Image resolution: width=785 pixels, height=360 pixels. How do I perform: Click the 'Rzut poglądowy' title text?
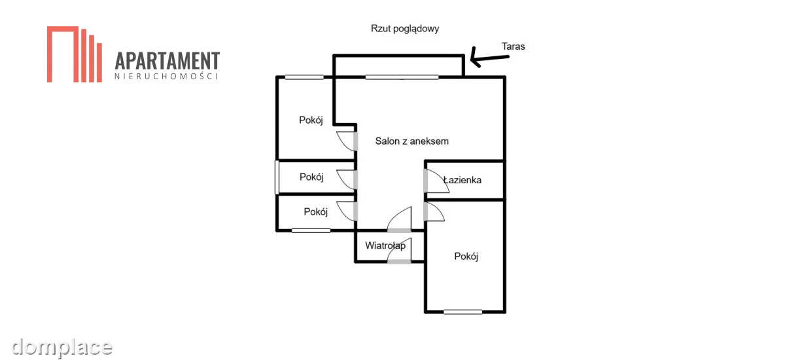405,29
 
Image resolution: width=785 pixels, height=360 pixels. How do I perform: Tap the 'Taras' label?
513,46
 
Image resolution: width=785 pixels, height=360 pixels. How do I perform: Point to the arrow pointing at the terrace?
489,58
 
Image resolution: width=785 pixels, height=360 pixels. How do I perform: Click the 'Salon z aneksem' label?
411,141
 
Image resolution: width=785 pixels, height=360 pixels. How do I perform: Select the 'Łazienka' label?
462,180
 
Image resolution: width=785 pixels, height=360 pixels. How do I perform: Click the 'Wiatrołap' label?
385,245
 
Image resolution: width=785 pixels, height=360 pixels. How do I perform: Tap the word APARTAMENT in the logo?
167,61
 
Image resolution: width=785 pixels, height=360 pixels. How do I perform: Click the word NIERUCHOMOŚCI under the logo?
166,77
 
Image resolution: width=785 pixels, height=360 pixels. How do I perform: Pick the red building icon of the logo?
75,54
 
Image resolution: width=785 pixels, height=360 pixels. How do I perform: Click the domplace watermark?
61,348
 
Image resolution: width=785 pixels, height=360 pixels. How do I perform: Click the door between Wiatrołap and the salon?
400,220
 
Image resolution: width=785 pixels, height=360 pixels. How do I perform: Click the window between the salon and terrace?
402,77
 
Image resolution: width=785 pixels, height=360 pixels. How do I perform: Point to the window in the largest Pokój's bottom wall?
462,312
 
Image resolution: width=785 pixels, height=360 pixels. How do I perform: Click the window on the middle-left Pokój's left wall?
277,177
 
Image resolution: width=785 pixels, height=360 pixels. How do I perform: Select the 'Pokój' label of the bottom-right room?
466,257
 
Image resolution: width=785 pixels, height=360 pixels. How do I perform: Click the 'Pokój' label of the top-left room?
311,120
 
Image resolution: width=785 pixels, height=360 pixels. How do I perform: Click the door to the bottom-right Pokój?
434,211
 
